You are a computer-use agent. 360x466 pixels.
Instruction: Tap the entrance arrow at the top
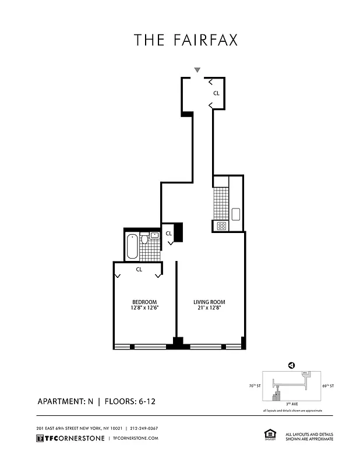[197, 70]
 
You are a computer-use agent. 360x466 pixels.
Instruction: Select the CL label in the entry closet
[216, 93]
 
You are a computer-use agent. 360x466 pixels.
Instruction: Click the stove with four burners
[221, 225]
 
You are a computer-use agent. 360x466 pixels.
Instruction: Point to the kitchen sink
[236, 214]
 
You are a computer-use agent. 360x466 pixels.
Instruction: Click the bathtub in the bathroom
[132, 246]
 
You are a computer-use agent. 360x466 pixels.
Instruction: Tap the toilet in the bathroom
[144, 239]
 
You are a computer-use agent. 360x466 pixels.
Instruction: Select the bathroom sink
[154, 235]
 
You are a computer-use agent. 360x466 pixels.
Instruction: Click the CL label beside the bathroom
[168, 234]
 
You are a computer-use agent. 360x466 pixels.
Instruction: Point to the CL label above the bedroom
[140, 270]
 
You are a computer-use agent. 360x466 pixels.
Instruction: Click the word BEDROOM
[144, 302]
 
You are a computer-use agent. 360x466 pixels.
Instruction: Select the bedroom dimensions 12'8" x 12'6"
[144, 308]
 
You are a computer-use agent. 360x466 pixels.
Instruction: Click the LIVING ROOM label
[209, 302]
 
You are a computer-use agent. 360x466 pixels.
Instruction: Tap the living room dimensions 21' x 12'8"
[209, 308]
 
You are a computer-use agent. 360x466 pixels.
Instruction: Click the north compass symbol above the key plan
[290, 365]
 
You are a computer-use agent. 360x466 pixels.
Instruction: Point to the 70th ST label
[254, 386]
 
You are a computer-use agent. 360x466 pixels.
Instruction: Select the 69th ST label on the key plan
[328, 386]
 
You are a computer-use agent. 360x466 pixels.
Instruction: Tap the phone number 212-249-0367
[144, 428]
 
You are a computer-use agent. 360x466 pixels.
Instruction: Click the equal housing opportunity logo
[270, 435]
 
